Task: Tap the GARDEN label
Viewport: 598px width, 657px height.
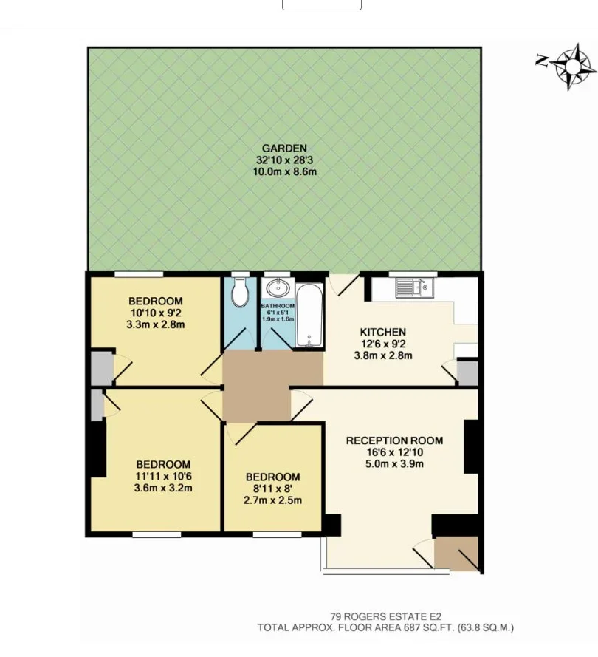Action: click(284, 149)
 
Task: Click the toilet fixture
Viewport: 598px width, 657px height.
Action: click(240, 292)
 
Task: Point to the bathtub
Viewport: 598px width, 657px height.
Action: click(309, 315)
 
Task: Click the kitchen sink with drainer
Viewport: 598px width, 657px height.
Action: click(415, 288)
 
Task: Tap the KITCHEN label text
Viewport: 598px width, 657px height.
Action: click(383, 333)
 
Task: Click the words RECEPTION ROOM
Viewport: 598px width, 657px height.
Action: click(394, 440)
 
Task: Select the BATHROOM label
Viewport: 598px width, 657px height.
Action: click(278, 306)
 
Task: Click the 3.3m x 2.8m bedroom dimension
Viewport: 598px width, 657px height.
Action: click(156, 324)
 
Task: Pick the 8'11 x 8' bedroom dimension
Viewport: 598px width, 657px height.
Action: click(273, 489)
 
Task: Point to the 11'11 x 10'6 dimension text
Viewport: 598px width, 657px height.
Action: click(163, 476)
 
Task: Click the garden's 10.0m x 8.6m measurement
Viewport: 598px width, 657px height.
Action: click(284, 171)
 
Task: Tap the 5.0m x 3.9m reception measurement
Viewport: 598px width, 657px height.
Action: click(394, 464)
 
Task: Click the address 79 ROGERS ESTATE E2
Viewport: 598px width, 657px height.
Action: click(386, 617)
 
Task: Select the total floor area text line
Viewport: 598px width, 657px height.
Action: click(385, 627)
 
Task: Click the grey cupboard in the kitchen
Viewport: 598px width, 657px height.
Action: click(467, 373)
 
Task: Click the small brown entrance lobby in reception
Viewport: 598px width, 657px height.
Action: click(456, 553)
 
